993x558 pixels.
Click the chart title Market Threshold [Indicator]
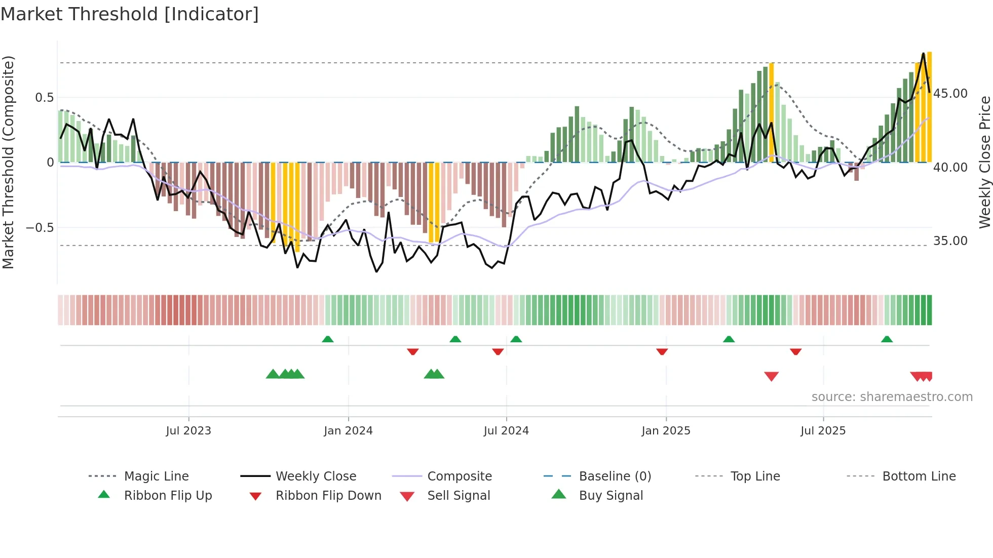point(130,14)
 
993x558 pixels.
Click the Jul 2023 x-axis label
point(188,431)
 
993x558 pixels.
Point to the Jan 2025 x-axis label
point(666,431)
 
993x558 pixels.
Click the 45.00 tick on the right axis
point(950,94)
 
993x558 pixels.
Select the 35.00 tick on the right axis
point(950,241)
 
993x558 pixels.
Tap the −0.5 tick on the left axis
point(40,228)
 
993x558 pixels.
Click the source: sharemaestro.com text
point(892,397)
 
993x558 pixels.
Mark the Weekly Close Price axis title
point(984,162)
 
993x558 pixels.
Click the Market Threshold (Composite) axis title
point(8,162)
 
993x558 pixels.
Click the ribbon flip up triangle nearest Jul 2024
point(516,339)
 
